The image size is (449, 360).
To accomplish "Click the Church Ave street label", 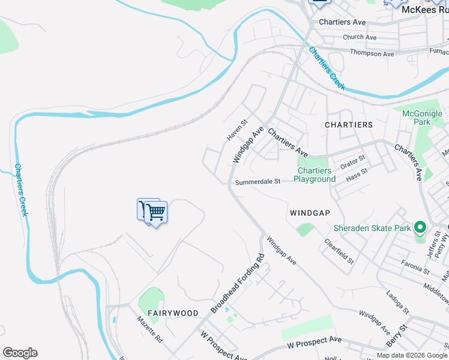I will pos(360,37).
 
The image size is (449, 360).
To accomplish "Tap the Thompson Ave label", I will pos(373,54).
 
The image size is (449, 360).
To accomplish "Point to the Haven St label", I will pos(237,130).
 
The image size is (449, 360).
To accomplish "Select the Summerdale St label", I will pos(258,182).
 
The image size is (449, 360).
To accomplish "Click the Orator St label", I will pos(353,163).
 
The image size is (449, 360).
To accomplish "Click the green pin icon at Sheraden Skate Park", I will pos(420,228).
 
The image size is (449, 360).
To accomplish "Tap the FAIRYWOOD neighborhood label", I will pos(173,313).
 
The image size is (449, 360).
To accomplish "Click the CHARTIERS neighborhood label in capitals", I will pos(349,125).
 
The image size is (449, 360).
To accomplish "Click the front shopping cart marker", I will pos(156,212).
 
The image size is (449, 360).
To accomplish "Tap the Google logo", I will pos(20,353).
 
